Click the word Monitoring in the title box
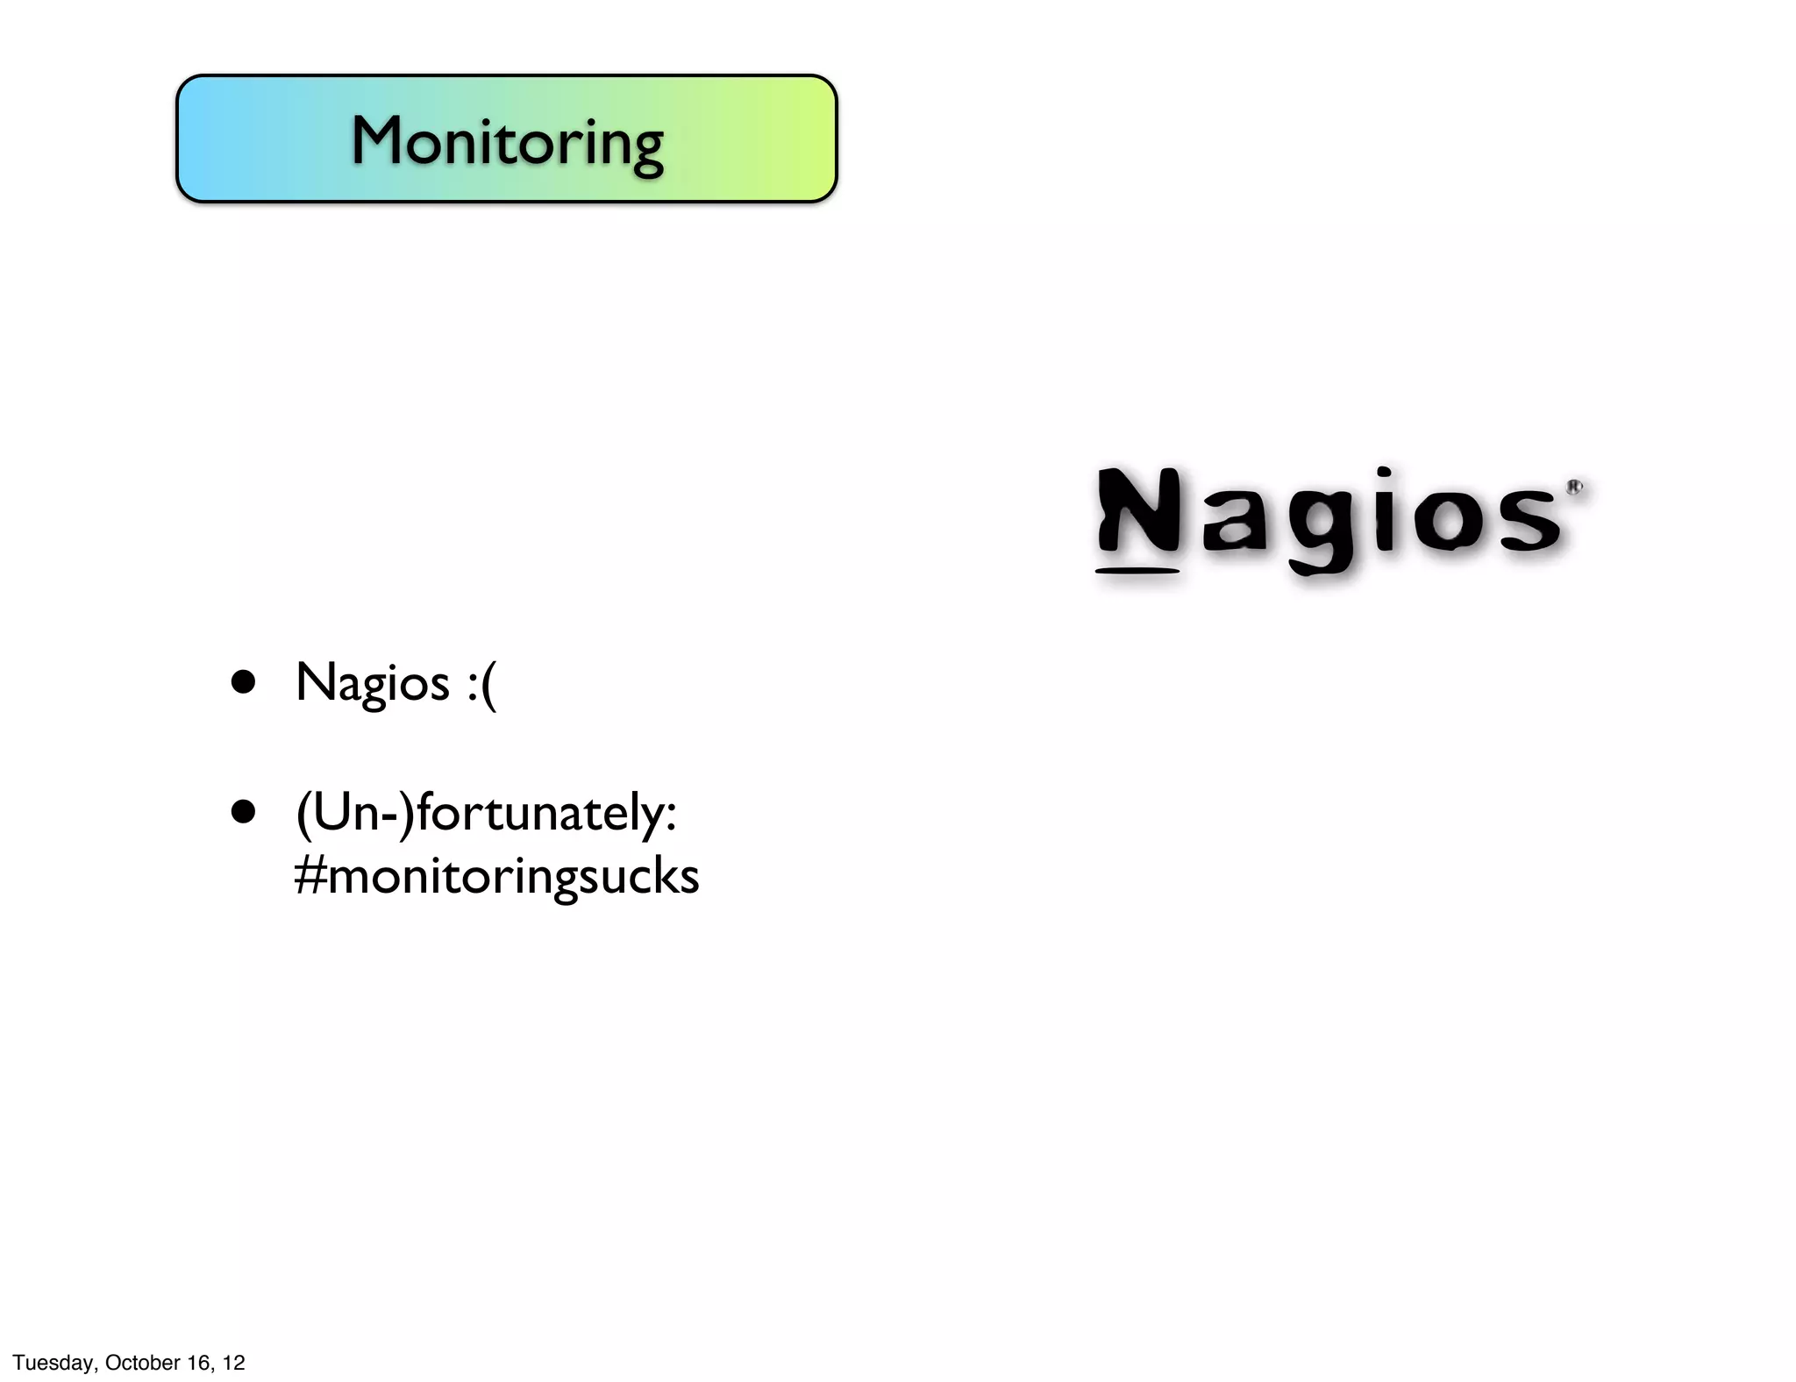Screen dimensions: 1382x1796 tap(507, 141)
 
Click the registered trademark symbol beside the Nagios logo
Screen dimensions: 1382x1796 tap(1574, 488)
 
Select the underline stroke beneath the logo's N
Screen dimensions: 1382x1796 tap(1137, 572)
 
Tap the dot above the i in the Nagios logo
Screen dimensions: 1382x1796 tap(1384, 474)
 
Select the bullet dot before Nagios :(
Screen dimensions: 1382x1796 tap(243, 682)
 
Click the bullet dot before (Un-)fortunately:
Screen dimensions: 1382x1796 tap(243, 812)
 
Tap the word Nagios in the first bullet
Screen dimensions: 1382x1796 tap(373, 683)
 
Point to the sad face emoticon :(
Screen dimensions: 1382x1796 tap(481, 684)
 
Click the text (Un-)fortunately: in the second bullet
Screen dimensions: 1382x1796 tap(486, 813)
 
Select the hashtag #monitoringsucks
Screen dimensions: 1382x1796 tap(496, 876)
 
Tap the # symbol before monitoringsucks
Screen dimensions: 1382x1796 tap(310, 875)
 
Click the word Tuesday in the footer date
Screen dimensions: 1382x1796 tap(53, 1363)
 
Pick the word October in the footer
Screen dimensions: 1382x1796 tap(142, 1363)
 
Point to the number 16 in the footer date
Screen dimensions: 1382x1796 tap(199, 1363)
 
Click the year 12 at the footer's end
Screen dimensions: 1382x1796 tap(233, 1363)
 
